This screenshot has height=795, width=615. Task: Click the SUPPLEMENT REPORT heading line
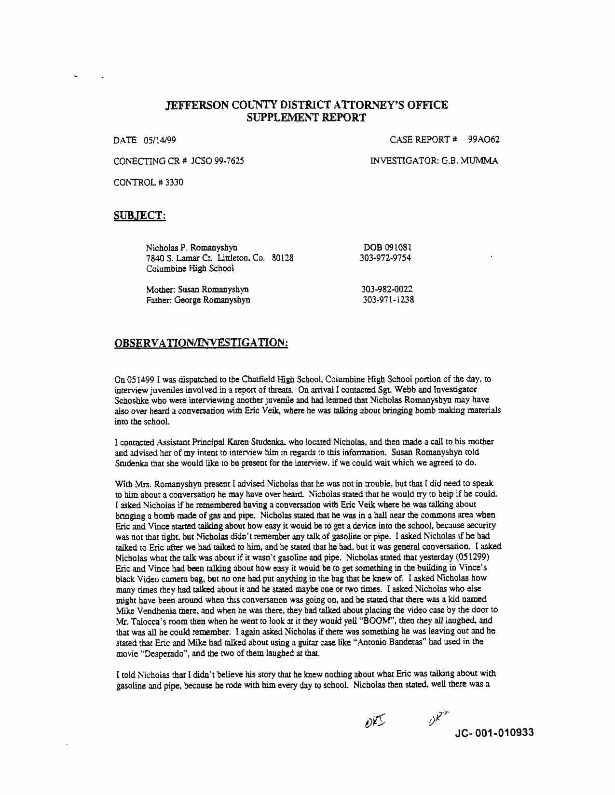[x=306, y=118]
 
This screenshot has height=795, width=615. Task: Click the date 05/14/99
[x=160, y=140]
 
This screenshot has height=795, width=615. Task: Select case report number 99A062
[x=483, y=140]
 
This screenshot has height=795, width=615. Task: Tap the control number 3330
[x=174, y=183]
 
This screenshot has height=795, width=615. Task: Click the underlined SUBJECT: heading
[x=140, y=216]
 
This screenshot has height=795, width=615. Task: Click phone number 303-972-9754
[x=385, y=258]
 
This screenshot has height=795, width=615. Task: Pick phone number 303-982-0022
[x=387, y=290]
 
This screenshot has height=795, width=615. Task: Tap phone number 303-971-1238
[x=388, y=300]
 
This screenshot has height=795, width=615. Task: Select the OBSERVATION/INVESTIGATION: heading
[x=201, y=343]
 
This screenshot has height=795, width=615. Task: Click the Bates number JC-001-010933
[x=494, y=733]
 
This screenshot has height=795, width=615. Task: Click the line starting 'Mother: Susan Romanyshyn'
[x=197, y=290]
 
